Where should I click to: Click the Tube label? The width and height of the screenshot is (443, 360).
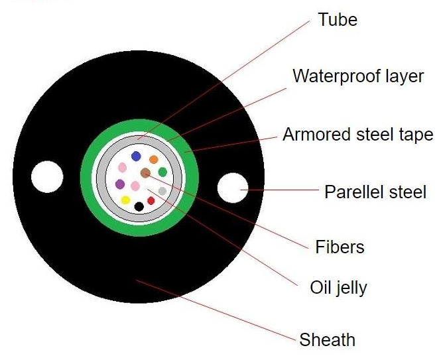pyautogui.click(x=338, y=20)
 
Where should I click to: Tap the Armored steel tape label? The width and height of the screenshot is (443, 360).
pyautogui.click(x=357, y=135)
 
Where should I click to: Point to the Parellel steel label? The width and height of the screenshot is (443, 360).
pyautogui.click(x=375, y=192)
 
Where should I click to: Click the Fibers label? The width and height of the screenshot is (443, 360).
pyautogui.click(x=340, y=247)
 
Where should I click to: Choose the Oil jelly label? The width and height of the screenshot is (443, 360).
pyautogui.click(x=338, y=288)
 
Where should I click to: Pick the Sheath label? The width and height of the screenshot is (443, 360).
pyautogui.click(x=327, y=340)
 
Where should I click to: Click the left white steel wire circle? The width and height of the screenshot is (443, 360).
pyautogui.click(x=47, y=177)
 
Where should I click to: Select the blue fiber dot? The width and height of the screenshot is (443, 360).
pyautogui.click(x=136, y=156)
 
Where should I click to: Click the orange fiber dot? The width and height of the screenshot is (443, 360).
pyautogui.click(x=153, y=159)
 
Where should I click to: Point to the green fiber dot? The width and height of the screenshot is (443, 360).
pyautogui.click(x=162, y=172)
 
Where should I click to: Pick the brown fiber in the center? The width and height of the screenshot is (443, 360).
pyautogui.click(x=145, y=174)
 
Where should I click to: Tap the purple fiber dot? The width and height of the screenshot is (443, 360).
pyautogui.click(x=120, y=184)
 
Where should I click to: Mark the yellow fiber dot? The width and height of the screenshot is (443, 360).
pyautogui.click(x=125, y=200)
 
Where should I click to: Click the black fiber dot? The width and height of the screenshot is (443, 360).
pyautogui.click(x=139, y=206)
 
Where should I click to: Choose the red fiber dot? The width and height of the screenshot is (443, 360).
pyautogui.click(x=151, y=200)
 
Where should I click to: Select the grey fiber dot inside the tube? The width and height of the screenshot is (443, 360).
pyautogui.click(x=162, y=191)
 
